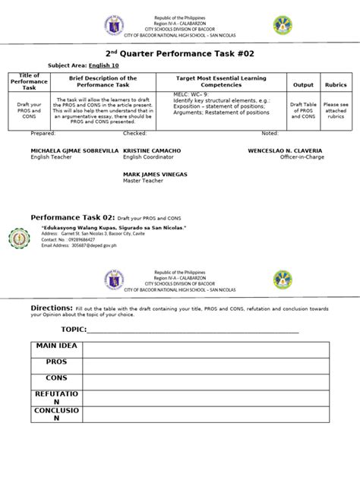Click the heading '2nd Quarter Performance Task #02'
tap(179, 53)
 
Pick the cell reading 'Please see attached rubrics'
tap(335, 110)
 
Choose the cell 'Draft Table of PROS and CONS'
tap(303, 110)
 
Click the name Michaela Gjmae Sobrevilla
tap(74, 151)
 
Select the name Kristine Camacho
tap(152, 151)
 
